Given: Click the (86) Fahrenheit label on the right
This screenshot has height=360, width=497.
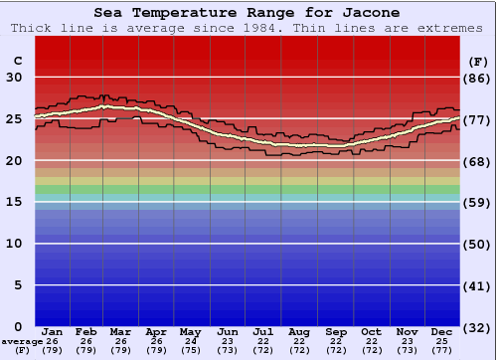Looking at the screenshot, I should point(478,78).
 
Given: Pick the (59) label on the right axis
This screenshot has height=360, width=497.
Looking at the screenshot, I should point(478,202).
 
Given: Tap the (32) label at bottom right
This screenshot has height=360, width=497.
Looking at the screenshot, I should point(478,326).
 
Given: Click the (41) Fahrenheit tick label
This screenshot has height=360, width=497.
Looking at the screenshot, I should point(478,285).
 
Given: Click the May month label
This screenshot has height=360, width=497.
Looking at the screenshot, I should point(189,331).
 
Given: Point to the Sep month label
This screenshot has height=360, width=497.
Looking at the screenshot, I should point(335,331).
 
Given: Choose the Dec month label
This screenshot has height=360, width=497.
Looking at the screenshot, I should point(442,331).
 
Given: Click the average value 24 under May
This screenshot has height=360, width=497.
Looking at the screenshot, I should point(189,341).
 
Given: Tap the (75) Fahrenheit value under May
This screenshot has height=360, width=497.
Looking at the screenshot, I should point(189,350).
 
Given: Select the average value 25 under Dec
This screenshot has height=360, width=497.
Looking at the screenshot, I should point(442,341).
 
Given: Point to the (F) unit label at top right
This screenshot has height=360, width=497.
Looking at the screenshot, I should point(478,61).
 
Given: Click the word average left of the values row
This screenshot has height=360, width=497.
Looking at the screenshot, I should point(21,341).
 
